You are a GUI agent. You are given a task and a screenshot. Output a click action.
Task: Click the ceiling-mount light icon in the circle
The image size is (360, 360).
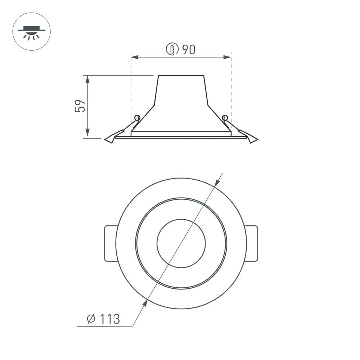31,31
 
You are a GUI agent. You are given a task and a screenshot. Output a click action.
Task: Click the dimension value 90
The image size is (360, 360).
188,49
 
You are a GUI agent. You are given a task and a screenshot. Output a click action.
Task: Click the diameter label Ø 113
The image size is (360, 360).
104,319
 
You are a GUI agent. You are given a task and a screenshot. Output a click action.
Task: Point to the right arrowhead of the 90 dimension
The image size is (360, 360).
227,57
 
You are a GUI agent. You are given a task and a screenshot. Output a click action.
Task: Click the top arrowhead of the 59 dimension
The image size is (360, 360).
87,79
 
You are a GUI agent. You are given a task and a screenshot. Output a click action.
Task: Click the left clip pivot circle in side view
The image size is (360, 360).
137,117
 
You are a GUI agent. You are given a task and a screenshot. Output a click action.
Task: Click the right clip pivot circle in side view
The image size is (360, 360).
225,117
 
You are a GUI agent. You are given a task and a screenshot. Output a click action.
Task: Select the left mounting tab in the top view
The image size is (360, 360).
110,243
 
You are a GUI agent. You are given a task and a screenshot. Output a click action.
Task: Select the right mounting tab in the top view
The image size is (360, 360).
252,243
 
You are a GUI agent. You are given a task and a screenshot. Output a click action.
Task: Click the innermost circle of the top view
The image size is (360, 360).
181,243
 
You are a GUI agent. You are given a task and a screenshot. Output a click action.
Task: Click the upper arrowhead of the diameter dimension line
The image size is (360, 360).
217,183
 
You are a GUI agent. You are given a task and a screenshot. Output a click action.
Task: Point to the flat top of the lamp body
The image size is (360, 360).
181,76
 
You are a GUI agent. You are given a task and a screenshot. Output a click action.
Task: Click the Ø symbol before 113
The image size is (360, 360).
91,319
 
